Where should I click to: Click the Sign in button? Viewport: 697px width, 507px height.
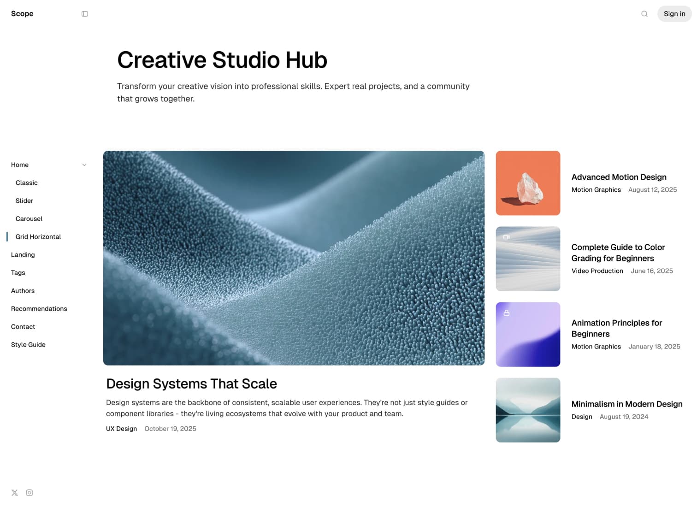674,14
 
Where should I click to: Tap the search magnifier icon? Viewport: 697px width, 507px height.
644,14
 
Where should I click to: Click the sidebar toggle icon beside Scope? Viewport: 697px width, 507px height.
85,14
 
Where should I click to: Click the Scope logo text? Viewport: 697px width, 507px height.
22,14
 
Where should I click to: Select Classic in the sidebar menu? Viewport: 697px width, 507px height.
26,183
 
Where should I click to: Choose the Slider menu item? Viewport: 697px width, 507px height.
24,201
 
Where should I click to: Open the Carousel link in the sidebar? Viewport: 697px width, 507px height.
29,219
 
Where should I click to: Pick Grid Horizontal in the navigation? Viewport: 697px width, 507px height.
38,237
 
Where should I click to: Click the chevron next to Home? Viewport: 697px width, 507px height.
84,165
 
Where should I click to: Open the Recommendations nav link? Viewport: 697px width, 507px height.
39,309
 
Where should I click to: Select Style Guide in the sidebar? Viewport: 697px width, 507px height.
28,345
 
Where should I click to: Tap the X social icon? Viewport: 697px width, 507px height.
15,493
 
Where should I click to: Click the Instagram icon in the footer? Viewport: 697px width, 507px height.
29,493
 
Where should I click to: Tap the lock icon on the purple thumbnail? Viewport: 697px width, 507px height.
507,313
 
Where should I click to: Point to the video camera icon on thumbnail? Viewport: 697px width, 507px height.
507,237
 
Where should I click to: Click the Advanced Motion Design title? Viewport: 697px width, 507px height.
619,177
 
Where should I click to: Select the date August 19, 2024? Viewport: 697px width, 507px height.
624,417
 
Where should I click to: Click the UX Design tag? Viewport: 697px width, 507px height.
121,429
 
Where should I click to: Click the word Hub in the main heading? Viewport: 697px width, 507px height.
306,60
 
